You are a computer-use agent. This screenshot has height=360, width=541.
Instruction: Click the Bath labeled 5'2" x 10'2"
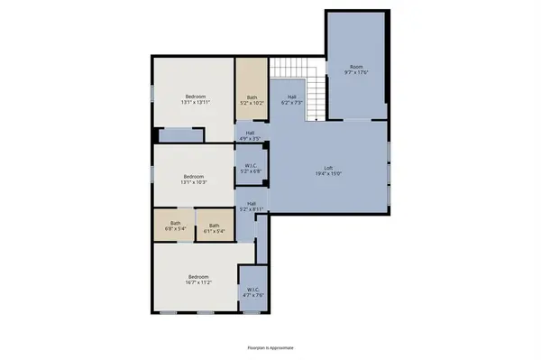[x=251, y=100]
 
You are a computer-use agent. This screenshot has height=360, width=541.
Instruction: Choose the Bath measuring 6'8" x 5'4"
[x=176, y=226]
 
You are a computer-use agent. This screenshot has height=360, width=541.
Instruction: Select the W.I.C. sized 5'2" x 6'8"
[x=252, y=168]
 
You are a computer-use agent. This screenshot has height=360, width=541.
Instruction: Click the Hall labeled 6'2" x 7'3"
[x=292, y=100]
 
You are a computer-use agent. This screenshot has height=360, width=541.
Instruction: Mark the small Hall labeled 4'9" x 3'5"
[x=250, y=136]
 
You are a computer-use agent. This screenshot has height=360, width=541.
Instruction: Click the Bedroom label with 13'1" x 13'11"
[x=196, y=97]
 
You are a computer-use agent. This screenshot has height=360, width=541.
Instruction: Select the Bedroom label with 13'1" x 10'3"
[x=194, y=176]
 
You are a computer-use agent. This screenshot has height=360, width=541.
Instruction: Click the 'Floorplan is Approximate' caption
[x=270, y=346]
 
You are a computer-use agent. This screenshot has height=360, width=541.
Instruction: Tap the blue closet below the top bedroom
[x=181, y=135]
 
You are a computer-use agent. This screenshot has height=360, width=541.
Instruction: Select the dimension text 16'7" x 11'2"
[x=198, y=283]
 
